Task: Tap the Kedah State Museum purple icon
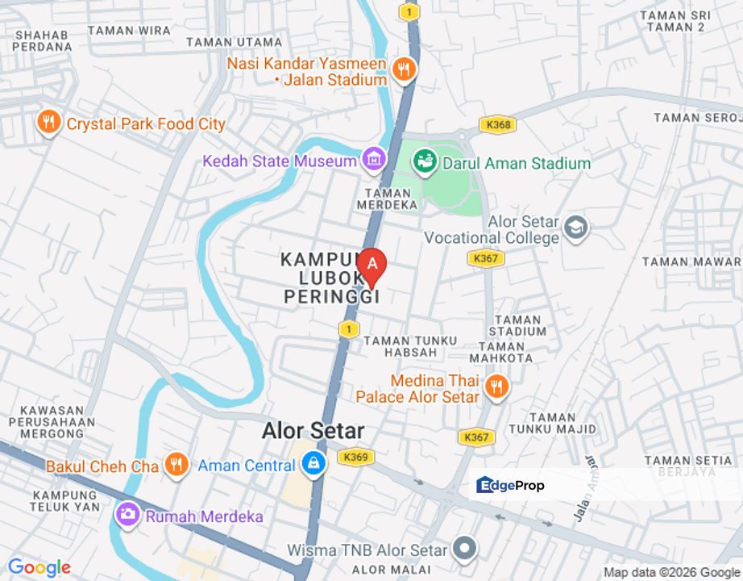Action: [x=373, y=159]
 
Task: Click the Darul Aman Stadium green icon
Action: [x=424, y=161]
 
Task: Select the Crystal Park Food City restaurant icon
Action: [x=49, y=122]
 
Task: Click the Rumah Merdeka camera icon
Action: [x=127, y=513]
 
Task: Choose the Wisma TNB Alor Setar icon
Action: [x=464, y=550]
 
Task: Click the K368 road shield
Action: [x=496, y=125]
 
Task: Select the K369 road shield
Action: [x=355, y=457]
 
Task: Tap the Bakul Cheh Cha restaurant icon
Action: [x=176, y=464]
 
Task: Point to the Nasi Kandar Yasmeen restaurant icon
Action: [x=403, y=69]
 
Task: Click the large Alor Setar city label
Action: [x=313, y=431]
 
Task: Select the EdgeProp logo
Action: [x=510, y=485]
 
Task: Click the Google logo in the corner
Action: [x=39, y=568]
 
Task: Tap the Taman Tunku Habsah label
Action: [x=410, y=346]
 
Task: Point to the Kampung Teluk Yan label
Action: [x=64, y=500]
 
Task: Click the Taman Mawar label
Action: [x=691, y=261]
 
